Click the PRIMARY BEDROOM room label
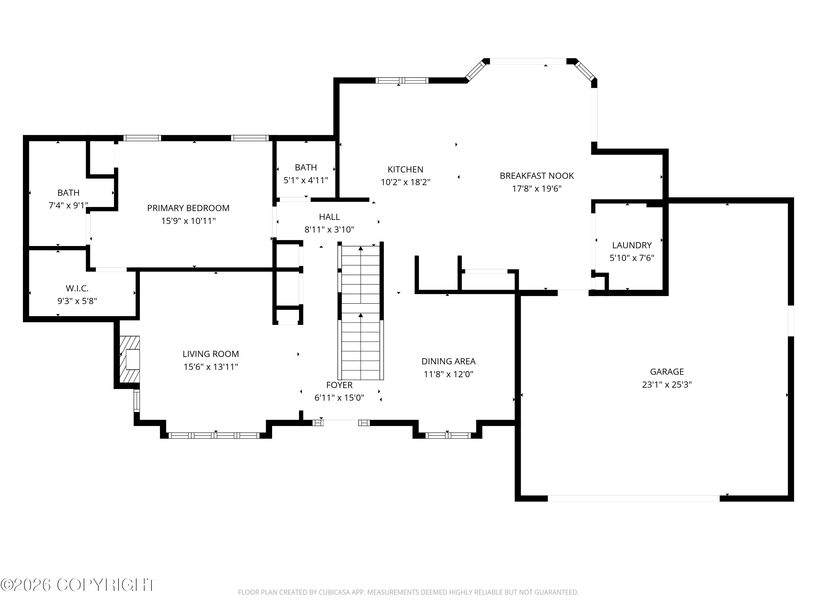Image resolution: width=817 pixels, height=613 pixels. (188, 208)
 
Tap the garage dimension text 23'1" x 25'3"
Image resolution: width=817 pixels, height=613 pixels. (667, 385)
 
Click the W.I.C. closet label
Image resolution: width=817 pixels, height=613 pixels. (77, 288)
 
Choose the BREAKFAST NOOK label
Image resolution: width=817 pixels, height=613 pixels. (537, 176)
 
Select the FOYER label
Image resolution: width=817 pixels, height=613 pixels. (339, 385)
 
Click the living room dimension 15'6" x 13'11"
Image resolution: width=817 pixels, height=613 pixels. (211, 367)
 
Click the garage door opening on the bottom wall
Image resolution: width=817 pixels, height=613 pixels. (633, 499)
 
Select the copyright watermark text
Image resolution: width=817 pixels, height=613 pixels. (78, 585)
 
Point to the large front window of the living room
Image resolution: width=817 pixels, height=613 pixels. (214, 436)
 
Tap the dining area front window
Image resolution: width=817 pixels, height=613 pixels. (448, 436)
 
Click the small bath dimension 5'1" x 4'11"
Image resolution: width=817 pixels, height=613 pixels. (306, 180)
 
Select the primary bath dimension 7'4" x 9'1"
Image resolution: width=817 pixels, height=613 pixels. (68, 205)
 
